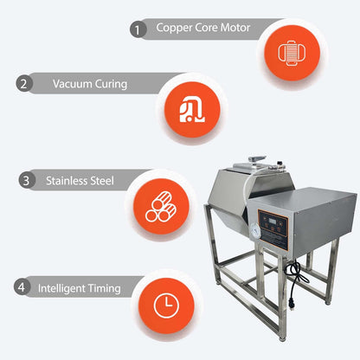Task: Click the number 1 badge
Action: pos(138,29)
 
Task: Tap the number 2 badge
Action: pos(25,84)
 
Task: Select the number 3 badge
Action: pos(27,182)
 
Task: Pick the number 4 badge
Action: pos(20,286)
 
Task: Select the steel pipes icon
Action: pos(161,209)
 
